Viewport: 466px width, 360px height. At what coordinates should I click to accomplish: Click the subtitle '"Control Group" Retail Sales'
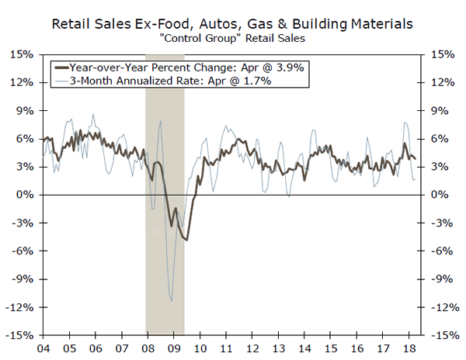pos(234,40)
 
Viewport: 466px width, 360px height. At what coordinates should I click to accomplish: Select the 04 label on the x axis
pos(43,348)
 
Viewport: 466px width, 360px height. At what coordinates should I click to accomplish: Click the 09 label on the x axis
pos(175,348)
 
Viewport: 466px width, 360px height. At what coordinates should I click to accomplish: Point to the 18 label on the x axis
pos(410,348)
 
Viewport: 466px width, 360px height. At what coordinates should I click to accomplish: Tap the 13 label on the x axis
pos(280,348)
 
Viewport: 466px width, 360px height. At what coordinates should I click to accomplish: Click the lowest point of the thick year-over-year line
pos(186,240)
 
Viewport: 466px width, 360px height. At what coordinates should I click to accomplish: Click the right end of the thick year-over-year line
pos(415,158)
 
